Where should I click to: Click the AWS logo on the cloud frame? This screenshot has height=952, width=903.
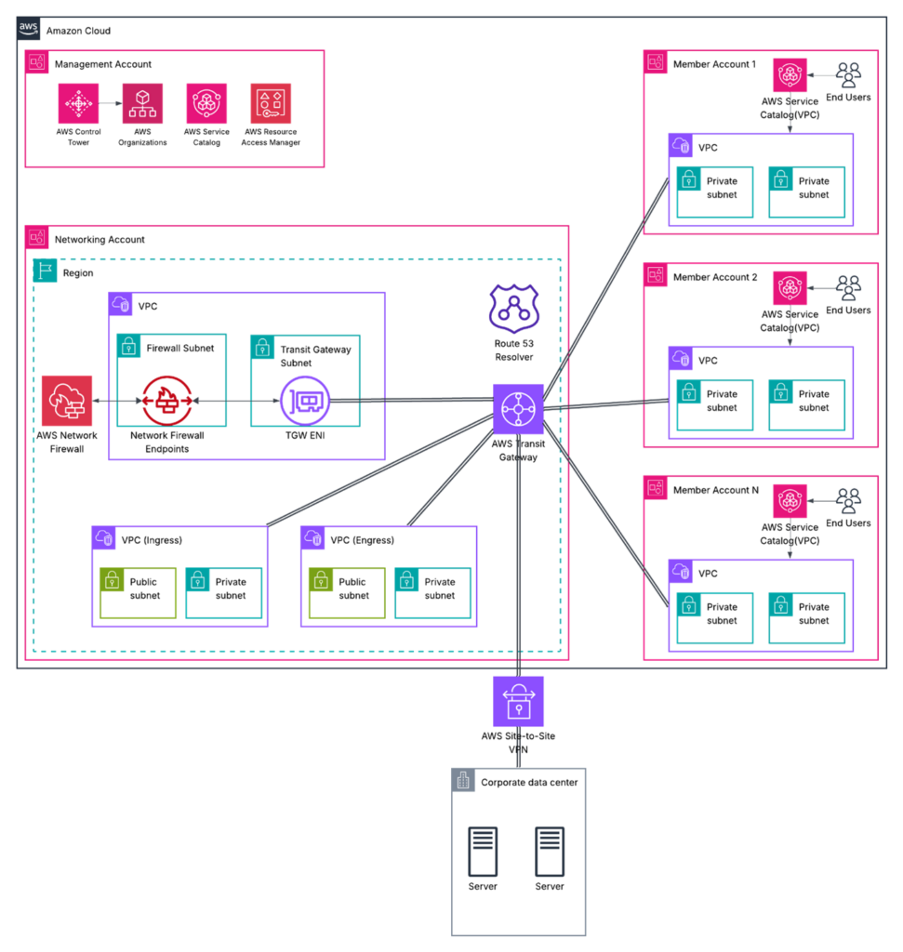click(28, 28)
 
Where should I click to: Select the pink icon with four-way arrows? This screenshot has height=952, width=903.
click(78, 103)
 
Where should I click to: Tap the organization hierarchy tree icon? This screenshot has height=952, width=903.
click(142, 103)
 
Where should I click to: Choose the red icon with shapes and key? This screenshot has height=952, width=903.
click(270, 103)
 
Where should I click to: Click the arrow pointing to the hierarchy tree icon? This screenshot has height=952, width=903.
click(111, 103)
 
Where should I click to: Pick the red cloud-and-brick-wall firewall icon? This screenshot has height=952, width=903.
click(67, 401)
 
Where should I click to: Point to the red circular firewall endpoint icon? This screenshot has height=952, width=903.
click(167, 401)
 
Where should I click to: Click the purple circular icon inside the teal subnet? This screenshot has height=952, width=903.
click(305, 401)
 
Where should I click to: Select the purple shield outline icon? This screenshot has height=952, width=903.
click(514, 309)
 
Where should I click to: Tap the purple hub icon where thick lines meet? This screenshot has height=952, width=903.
click(518, 409)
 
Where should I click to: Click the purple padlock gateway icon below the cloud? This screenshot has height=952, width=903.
click(518, 701)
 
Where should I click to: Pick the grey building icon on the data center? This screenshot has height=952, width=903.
click(463, 781)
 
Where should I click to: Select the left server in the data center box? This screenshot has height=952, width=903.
click(483, 851)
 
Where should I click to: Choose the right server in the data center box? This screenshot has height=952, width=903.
click(551, 851)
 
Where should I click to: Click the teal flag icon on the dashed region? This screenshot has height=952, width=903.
click(45, 271)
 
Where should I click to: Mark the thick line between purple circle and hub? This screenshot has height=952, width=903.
click(409, 401)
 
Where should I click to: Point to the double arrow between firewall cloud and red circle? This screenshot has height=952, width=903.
click(117, 401)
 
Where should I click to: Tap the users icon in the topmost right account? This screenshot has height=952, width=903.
click(848, 75)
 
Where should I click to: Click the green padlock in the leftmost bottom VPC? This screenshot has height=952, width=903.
click(112, 580)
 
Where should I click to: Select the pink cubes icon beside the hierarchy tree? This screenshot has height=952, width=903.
click(206, 103)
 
